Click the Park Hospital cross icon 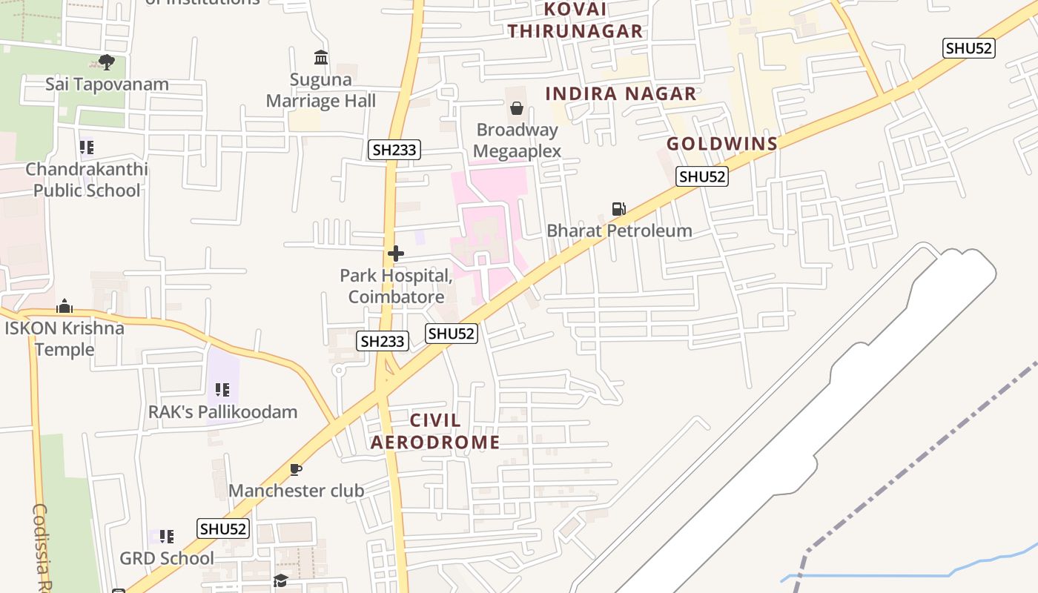[396, 254]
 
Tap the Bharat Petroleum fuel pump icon [618, 209]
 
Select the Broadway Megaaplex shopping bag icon [517, 108]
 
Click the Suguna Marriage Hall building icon [321, 57]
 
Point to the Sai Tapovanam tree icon [106, 62]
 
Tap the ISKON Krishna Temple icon [65, 306]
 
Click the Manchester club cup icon [296, 469]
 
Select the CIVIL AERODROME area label [435, 431]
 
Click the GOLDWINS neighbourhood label [722, 144]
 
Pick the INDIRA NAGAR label [621, 94]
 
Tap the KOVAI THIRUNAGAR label [586, 21]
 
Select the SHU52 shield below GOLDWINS [702, 176]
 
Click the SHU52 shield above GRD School [223, 529]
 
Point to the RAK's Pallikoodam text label [222, 412]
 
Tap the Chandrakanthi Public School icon [87, 148]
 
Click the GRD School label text [167, 558]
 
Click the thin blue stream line [890, 574]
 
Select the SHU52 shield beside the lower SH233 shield [452, 334]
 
